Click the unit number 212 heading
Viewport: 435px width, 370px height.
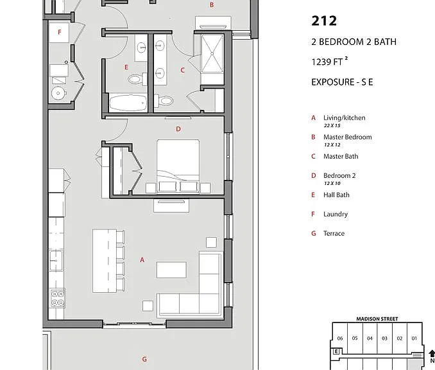[324, 21]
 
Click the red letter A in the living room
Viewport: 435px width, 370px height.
[142, 260]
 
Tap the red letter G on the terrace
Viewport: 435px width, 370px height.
[144, 359]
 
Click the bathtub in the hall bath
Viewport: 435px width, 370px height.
[128, 103]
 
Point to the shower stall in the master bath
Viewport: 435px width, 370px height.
[212, 53]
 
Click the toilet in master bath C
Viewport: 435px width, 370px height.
[164, 100]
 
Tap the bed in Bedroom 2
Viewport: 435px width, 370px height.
[178, 166]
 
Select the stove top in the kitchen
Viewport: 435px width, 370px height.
[58, 298]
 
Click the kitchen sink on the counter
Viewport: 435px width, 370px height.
[56, 260]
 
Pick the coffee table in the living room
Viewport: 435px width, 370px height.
[171, 270]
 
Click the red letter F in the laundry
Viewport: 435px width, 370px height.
[60, 32]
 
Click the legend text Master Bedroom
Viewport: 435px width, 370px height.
[347, 137]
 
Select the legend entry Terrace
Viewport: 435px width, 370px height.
[334, 233]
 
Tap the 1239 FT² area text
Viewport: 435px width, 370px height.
[330, 62]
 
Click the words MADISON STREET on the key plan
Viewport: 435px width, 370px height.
[377, 319]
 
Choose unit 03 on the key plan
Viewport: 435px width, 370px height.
[384, 339]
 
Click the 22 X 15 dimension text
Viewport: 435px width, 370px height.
[332, 125]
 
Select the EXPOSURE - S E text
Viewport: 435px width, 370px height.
[342, 82]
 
